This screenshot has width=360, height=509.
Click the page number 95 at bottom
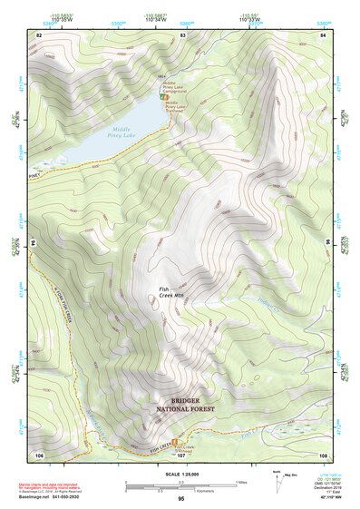(x=181, y=498)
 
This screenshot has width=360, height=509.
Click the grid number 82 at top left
(x=39, y=34)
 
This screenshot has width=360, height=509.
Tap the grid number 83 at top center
(x=182, y=34)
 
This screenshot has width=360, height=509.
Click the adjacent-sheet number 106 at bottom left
(x=39, y=454)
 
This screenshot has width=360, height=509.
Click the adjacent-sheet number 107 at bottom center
(x=181, y=455)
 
